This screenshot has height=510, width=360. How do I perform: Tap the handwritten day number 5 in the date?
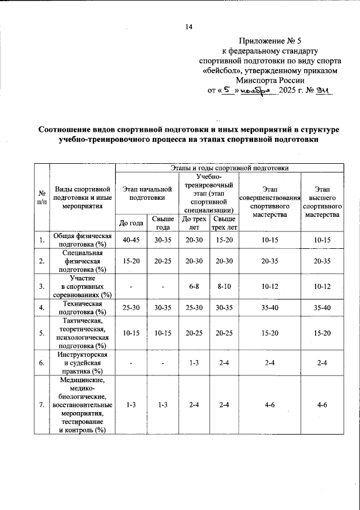click(x=227, y=90)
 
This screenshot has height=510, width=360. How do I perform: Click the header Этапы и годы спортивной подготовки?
click(x=229, y=168)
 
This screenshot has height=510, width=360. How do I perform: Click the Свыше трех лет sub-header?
click(x=224, y=223)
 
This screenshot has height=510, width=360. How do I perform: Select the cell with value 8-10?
click(x=224, y=287)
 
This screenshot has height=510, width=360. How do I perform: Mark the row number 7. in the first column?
click(x=42, y=405)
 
